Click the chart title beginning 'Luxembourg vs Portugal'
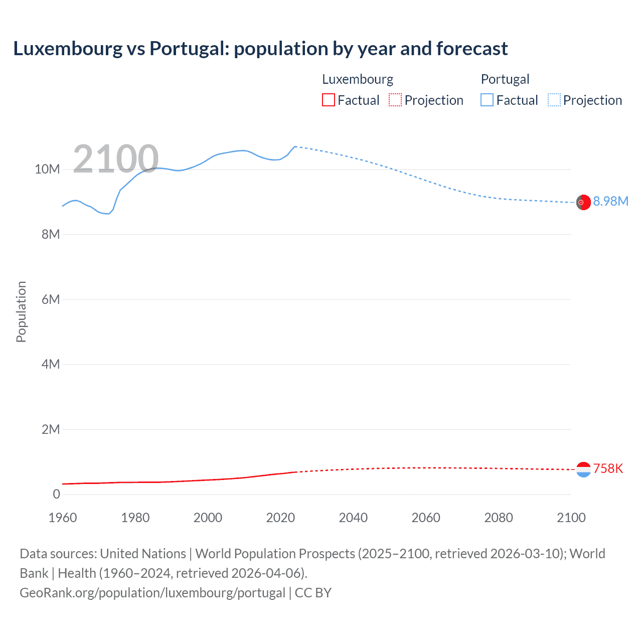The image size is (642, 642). tap(260, 49)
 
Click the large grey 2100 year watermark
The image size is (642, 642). tap(116, 159)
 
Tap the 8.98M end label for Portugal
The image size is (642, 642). tap(610, 201)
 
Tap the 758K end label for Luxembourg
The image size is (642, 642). tap(608, 468)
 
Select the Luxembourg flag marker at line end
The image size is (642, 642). tap(583, 469)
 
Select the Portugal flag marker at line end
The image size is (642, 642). tap(583, 202)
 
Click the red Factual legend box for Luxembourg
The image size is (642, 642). tap(329, 100)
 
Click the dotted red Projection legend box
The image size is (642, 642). tap(395, 100)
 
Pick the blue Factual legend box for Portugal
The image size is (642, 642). tap(487, 100)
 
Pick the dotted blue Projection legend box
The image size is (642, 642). tap(554, 100)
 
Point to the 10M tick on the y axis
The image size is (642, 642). tap(47, 170)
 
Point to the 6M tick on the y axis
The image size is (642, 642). tap(51, 299)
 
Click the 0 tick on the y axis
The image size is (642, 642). tap(56, 494)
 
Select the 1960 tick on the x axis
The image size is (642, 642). tap(63, 518)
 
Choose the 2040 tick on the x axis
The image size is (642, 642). tap(353, 518)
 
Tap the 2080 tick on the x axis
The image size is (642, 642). tap(499, 518)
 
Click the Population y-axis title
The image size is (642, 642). tap(21, 311)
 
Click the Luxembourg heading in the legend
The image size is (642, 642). tap(358, 79)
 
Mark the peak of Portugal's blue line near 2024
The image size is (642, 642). tap(295, 146)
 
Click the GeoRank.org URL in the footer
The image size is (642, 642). tap(152, 592)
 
